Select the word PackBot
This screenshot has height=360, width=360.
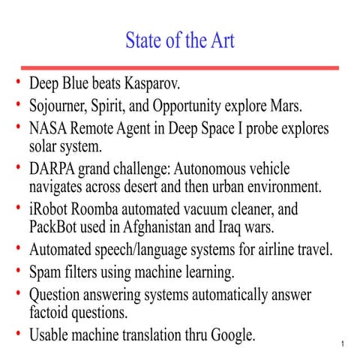click(x=57, y=226)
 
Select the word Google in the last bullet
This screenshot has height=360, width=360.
click(x=232, y=334)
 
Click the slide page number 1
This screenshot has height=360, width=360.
click(x=341, y=345)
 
